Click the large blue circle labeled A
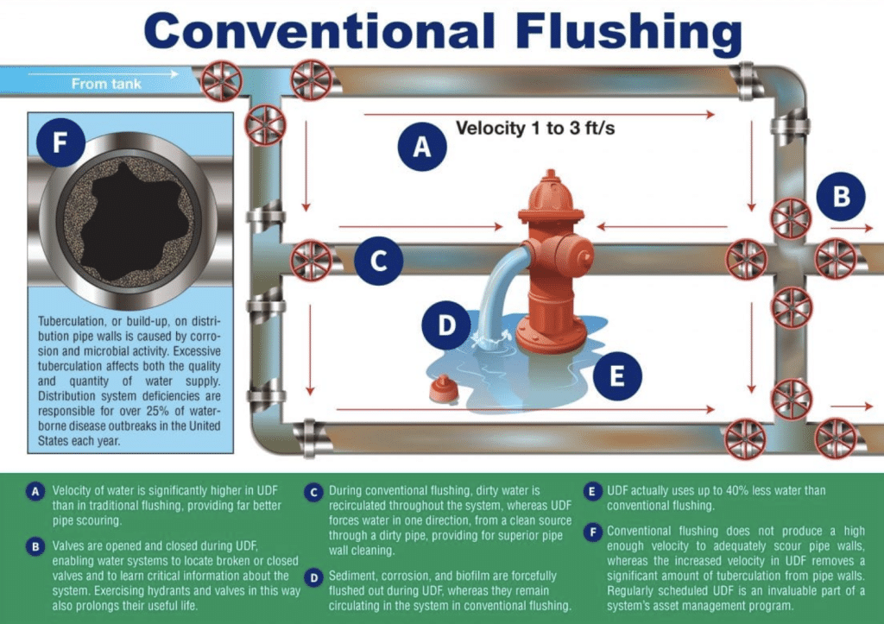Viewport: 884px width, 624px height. click(x=422, y=147)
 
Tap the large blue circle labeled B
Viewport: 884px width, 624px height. click(x=841, y=196)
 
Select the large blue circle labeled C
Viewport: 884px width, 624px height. click(x=378, y=261)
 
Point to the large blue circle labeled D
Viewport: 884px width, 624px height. click(x=446, y=325)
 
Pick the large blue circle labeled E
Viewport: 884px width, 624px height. click(x=617, y=376)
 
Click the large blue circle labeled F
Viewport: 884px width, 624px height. click(x=61, y=142)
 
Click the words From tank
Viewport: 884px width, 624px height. click(x=106, y=84)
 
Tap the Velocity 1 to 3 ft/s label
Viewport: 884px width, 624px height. click(x=535, y=128)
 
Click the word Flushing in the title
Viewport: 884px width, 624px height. click(x=628, y=31)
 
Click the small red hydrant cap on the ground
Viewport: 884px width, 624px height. click(x=443, y=389)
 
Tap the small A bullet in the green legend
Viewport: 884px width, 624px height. click(x=35, y=492)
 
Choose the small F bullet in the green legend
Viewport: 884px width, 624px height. click(x=592, y=533)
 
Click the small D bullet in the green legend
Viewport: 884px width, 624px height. click(x=314, y=577)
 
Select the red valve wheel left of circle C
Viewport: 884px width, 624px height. click(x=311, y=261)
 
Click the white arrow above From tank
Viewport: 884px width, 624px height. click(x=104, y=73)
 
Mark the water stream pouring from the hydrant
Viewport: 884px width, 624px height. click(x=498, y=293)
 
